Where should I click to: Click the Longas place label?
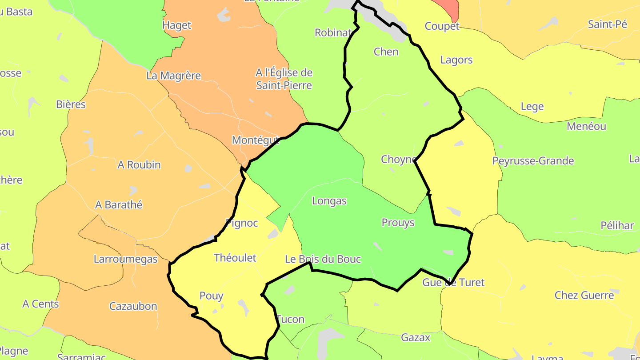pos(329,201)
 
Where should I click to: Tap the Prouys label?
pos(398,223)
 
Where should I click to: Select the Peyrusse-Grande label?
pos(533,161)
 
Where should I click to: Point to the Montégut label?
pos(256,140)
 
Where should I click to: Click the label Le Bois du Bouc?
pos(323,259)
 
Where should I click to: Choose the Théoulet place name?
pos(235,258)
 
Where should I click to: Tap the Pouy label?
pos(211,296)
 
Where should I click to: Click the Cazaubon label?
pos(133,306)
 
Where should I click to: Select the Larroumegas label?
pos(125,259)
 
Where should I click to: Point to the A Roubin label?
pos(139,165)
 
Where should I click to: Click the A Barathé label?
pos(119,205)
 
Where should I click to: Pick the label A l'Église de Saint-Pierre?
pos(284,79)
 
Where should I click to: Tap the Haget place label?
pos(177,25)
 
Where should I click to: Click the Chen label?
pos(386,52)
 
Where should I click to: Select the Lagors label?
pos(456,60)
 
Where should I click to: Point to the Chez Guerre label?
pos(584,295)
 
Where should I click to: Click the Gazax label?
pos(416,338)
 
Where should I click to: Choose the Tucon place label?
pos(291,320)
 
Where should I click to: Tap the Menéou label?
pos(586,126)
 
